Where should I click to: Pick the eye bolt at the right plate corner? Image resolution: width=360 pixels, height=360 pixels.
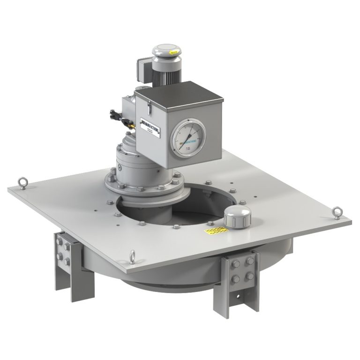click(x=337, y=212)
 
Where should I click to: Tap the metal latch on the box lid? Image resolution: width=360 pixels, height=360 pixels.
click(x=147, y=107)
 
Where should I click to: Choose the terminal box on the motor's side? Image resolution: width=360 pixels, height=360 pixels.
click(x=143, y=70)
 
